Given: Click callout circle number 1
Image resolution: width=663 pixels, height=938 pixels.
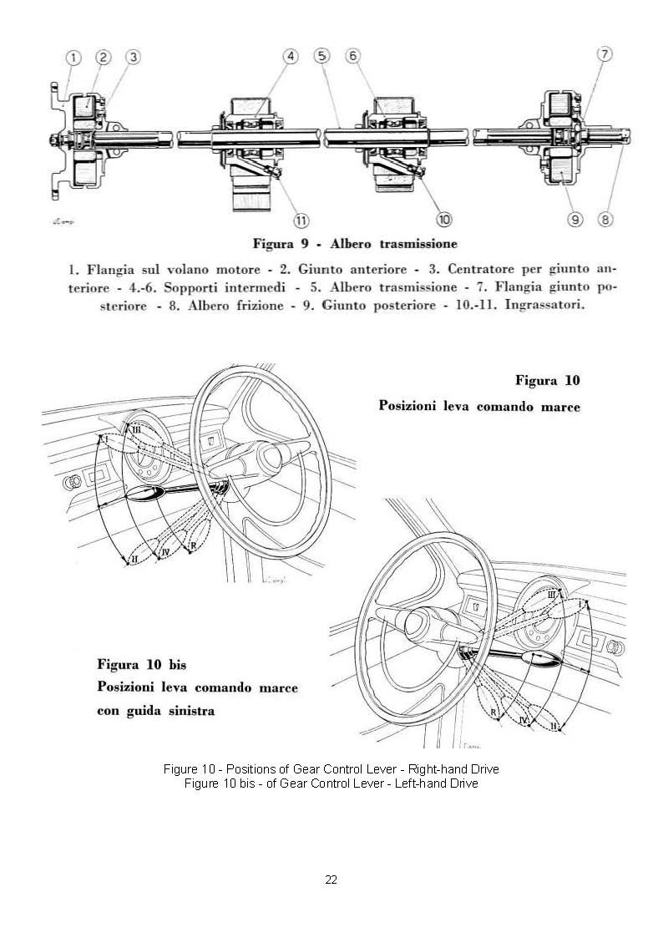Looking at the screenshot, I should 74,58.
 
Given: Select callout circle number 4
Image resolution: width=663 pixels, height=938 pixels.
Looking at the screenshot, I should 291,57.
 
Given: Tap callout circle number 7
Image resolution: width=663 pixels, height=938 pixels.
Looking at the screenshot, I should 605,54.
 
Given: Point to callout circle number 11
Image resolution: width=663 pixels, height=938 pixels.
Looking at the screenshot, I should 301,220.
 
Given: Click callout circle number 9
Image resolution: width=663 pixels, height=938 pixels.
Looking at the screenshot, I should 574,220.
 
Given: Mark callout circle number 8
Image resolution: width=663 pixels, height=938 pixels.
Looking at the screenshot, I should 606,220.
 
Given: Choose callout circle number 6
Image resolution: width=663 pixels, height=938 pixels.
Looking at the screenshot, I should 353,56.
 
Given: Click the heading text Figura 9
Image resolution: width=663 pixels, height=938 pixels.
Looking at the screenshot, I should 281,245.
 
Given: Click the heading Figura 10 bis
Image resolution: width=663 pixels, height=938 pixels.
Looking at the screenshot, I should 141,666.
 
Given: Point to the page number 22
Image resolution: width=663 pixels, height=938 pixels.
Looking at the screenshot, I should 331,880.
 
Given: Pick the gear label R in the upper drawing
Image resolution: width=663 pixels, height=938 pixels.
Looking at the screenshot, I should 193,545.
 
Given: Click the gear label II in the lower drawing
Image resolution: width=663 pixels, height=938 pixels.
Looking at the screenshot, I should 554,725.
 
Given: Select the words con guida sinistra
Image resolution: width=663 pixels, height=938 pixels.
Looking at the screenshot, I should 156,711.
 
